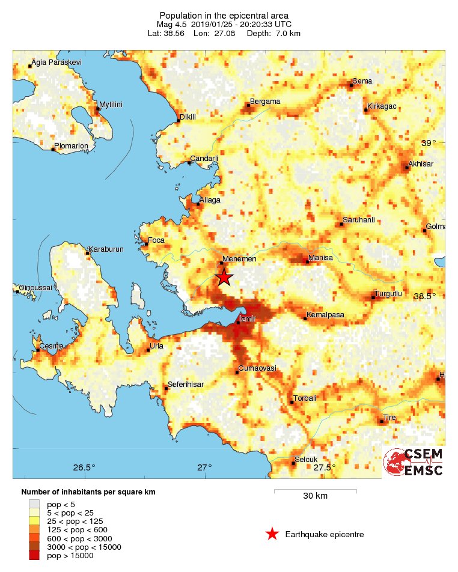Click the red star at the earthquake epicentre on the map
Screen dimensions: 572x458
[224, 277]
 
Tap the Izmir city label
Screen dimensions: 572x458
[249, 319]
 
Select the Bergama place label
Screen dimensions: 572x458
[265, 102]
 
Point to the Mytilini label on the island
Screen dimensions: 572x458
[111, 104]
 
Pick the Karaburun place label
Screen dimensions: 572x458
[105, 249]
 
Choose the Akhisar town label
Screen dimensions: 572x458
[420, 163]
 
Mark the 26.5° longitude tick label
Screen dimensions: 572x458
[84, 467]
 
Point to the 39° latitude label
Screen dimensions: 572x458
[429, 143]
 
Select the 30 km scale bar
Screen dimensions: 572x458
[315, 491]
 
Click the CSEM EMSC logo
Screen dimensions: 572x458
[413, 462]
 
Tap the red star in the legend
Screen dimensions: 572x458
[272, 534]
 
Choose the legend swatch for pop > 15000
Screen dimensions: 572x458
[35, 556]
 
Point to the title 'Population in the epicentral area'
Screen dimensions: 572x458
[224, 15]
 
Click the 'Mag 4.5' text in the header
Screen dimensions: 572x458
[172, 24]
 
